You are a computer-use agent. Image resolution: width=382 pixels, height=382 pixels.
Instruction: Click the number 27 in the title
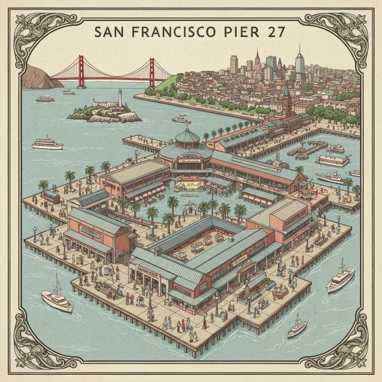tap(276, 32)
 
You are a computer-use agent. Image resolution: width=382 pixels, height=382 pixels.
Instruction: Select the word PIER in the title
tap(242, 32)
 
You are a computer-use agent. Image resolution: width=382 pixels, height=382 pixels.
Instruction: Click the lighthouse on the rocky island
tap(120, 98)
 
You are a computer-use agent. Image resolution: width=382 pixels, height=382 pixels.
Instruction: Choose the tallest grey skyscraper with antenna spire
tap(300, 60)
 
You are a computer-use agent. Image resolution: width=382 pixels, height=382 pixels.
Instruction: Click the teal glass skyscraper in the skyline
tap(271, 63)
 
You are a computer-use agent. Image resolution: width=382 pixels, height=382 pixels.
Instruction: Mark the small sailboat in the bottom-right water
tap(297, 327)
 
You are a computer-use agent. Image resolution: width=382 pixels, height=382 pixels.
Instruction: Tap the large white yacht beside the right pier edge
tap(340, 279)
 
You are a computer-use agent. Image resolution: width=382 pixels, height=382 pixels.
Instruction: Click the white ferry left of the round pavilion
tap(47, 144)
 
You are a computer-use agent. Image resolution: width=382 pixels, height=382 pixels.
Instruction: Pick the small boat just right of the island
tap(180, 119)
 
